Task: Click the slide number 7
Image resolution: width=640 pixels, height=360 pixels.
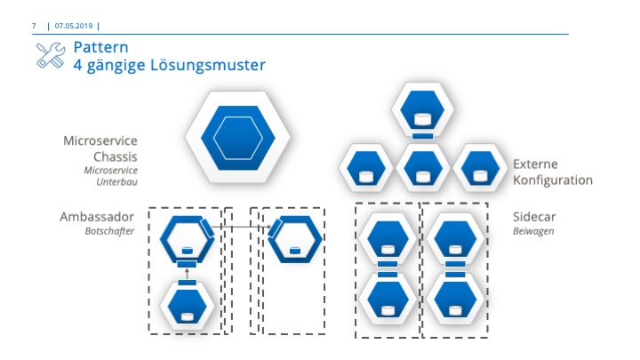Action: [x=34, y=26]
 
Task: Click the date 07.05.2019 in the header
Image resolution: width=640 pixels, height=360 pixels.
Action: [x=74, y=26]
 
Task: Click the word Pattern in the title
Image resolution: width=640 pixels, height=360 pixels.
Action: [x=100, y=47]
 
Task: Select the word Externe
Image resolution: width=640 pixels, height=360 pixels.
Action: [x=536, y=164]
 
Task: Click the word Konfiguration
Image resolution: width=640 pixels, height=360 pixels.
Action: [x=552, y=180]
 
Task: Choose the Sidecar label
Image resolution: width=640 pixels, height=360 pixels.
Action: [x=533, y=216]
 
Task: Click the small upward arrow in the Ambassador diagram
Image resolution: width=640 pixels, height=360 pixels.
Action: [x=187, y=271]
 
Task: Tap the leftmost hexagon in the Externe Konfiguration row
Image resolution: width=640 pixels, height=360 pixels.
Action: [x=366, y=168]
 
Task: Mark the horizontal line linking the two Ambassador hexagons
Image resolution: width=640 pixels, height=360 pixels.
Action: [x=240, y=228]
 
